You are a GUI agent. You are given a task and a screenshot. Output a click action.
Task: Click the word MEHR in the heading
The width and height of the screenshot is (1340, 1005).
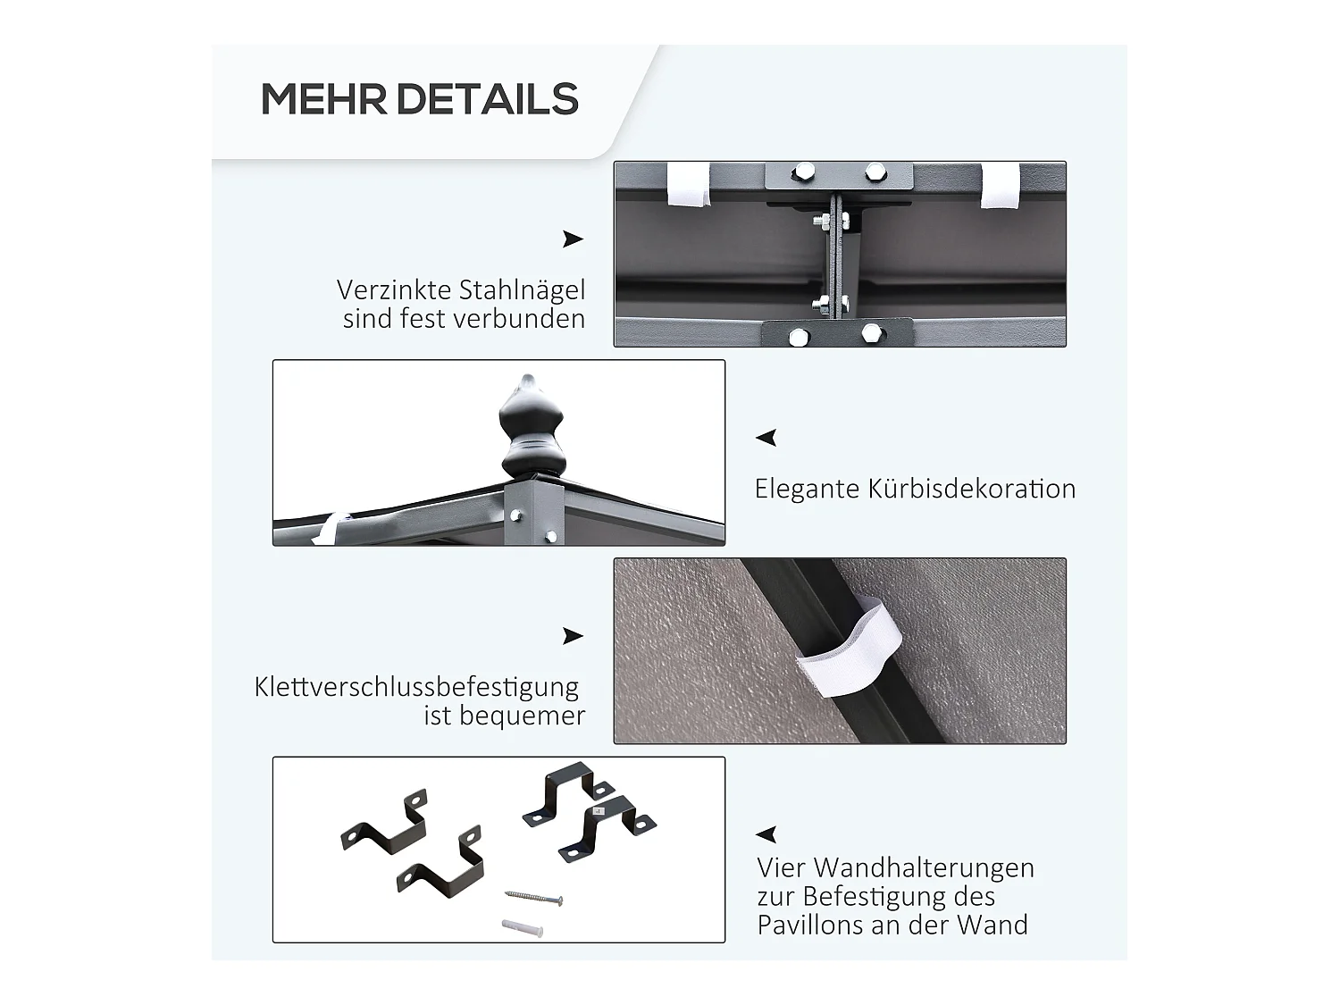tap(323, 99)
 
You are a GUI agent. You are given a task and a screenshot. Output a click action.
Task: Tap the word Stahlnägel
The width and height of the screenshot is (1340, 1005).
tap(523, 290)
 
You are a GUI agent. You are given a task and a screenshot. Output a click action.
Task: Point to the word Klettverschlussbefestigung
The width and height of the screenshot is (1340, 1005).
tap(416, 687)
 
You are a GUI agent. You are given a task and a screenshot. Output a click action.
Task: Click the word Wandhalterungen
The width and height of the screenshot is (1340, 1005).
tap(925, 867)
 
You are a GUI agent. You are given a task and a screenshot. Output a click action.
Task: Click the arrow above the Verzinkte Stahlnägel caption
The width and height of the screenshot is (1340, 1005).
tap(573, 239)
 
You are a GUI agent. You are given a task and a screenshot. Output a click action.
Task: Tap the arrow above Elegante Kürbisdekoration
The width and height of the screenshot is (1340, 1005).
tap(766, 438)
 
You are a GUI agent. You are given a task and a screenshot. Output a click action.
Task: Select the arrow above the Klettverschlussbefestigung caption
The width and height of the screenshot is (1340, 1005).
tap(573, 636)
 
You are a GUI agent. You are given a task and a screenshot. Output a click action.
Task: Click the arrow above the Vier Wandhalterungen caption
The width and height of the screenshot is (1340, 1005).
tap(766, 834)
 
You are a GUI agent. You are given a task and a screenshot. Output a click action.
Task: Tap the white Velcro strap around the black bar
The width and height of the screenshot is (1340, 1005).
tap(850, 649)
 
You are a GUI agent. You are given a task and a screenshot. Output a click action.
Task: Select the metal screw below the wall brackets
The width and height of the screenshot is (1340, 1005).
tap(533, 897)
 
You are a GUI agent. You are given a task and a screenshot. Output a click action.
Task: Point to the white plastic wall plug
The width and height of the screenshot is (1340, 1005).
tap(523, 927)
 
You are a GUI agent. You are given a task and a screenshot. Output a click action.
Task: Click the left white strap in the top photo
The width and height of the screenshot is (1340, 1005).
tap(690, 185)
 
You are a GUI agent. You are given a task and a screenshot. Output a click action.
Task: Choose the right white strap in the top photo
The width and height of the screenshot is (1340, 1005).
tap(1000, 186)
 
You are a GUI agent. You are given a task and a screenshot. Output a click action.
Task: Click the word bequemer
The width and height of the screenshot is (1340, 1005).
tap(522, 716)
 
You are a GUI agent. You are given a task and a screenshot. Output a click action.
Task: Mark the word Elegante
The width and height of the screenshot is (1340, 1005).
tap(807, 490)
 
